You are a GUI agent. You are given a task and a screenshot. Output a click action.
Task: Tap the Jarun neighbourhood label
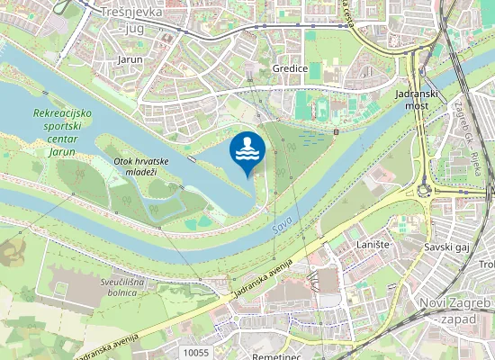(130, 59)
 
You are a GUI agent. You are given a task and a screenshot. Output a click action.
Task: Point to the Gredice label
(290, 68)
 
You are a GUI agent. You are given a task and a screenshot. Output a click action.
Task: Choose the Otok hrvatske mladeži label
(136, 166)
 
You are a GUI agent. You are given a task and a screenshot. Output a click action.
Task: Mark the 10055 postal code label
(194, 353)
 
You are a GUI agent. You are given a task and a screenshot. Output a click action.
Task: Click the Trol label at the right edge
(487, 265)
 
